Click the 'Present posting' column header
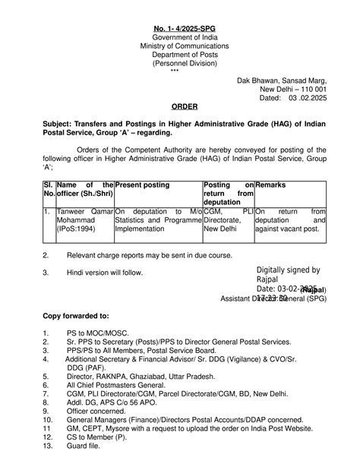pyautogui.click(x=142, y=185)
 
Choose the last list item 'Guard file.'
pyautogui.click(x=84, y=446)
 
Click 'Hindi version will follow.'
pyautogui.click(x=103, y=271)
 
